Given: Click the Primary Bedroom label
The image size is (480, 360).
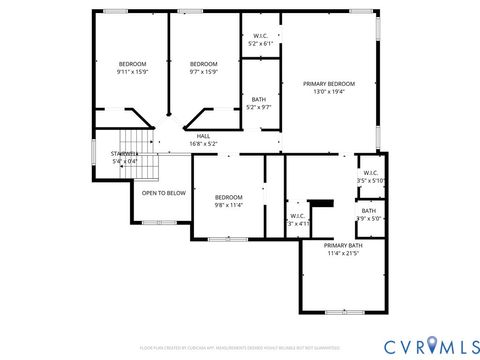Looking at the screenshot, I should tap(329, 84).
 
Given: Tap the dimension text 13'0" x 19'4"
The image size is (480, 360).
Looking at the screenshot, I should tap(329, 92).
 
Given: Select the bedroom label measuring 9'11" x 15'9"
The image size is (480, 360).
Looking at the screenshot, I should tap(132, 64).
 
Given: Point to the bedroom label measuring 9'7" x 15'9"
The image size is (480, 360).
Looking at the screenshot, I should tap(204, 64).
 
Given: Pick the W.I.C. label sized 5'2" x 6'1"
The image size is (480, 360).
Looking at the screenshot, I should tap(260, 36).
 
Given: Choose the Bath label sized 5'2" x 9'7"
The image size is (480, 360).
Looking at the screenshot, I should tap(259, 99).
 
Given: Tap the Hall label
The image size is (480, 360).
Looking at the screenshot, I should tap(203, 136).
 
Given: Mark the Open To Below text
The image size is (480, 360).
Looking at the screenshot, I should tap(163, 193).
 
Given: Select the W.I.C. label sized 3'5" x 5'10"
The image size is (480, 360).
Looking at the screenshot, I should tap(370, 172).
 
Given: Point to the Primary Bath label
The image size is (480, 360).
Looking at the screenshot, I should tap(343, 245).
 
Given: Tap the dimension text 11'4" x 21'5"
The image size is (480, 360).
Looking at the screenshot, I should tap(343, 254).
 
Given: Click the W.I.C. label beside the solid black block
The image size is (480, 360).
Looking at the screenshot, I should tap(298, 215).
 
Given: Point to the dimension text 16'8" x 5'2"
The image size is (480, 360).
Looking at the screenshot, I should tap(203, 144).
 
